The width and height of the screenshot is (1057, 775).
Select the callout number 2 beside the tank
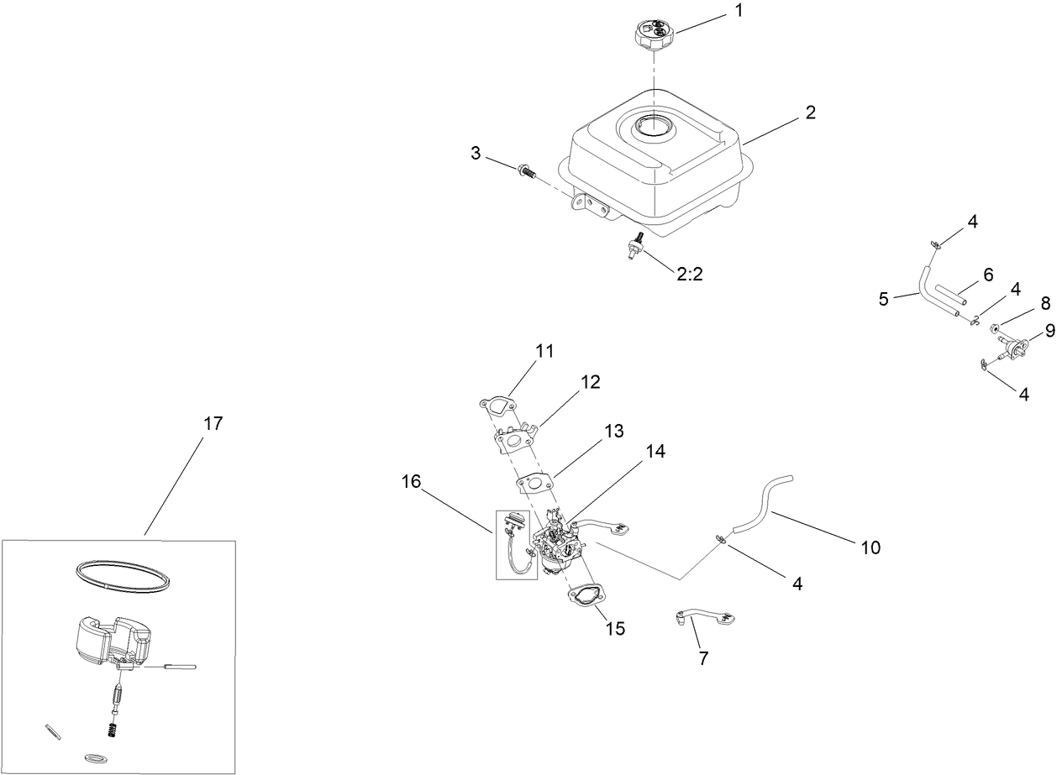810,113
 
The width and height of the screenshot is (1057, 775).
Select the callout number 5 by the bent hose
883,298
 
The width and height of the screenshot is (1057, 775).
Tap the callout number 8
1022,303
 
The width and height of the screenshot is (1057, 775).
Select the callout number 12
590,382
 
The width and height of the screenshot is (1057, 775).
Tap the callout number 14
655,451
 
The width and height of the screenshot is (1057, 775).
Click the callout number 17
213,424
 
